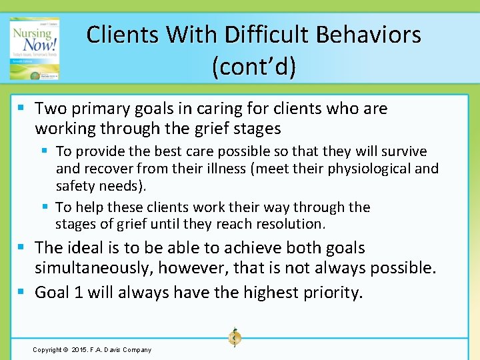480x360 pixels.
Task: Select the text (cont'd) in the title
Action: [254, 67]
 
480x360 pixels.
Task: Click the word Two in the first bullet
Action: [51, 109]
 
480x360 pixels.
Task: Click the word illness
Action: [225, 169]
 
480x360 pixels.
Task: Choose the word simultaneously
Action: [99, 268]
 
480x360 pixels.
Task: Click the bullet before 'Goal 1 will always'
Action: [23, 292]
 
